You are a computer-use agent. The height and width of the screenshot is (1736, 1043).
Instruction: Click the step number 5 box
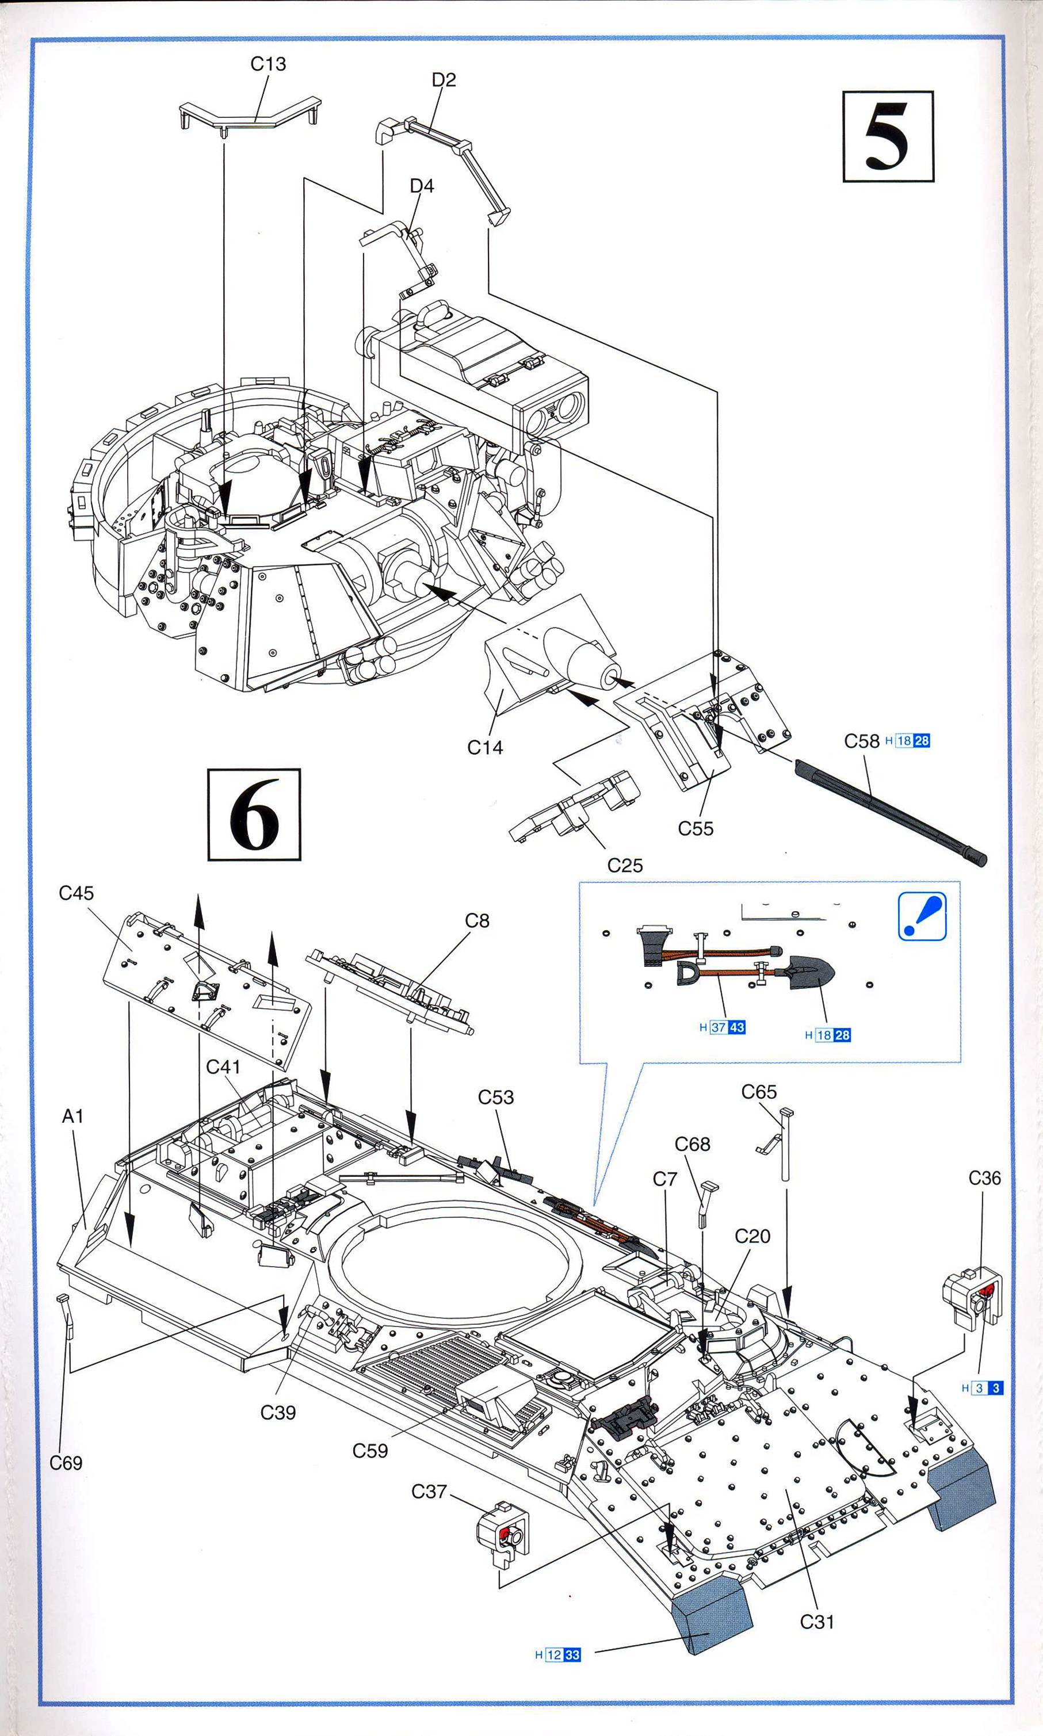888,136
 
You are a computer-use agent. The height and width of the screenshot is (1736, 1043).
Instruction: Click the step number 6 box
254,815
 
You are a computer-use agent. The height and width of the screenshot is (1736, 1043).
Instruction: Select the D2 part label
444,80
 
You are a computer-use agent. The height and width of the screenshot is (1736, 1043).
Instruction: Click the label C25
625,866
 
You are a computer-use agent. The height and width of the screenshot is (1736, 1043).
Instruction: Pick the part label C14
485,748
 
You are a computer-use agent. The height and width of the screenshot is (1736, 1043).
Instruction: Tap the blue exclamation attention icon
922,916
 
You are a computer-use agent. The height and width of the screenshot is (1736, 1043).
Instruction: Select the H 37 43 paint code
722,1027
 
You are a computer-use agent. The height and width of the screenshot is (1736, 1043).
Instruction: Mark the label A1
73,1116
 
